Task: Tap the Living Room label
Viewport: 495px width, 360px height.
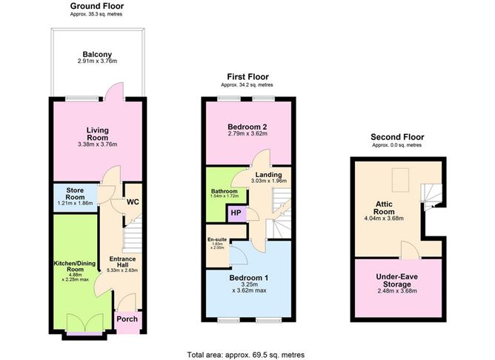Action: click(x=97, y=133)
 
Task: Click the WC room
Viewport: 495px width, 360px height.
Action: click(x=133, y=201)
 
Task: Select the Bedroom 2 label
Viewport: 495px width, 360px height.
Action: click(x=247, y=130)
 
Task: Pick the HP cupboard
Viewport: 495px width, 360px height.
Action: click(x=236, y=213)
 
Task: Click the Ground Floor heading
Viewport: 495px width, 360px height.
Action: click(x=97, y=6)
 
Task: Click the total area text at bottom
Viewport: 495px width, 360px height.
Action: click(x=245, y=354)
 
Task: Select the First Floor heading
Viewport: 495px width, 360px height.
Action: click(x=247, y=76)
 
